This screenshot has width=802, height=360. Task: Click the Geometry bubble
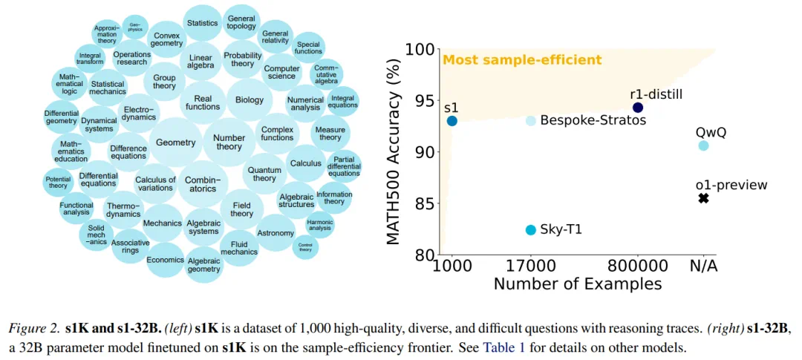pyautogui.click(x=175, y=143)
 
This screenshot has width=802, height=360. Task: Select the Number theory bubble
pyautogui.click(x=229, y=142)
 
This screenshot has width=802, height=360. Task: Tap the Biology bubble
pyautogui.click(x=249, y=100)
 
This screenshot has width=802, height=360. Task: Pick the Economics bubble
pyautogui.click(x=165, y=260)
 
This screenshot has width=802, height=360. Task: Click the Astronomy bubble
pyautogui.click(x=276, y=233)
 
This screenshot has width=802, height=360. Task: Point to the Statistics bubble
pyautogui.click(x=202, y=23)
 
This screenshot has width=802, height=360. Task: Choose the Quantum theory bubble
pyautogui.click(x=264, y=174)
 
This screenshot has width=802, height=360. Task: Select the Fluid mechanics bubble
pyautogui.click(x=239, y=247)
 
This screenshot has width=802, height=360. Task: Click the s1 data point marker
pyautogui.click(x=451, y=120)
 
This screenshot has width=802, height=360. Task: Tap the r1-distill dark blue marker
pyautogui.click(x=637, y=108)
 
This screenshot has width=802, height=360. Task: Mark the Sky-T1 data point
pyautogui.click(x=530, y=230)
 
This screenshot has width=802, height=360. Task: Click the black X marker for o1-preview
pyautogui.click(x=703, y=199)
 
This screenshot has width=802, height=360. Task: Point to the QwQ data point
pyautogui.click(x=703, y=145)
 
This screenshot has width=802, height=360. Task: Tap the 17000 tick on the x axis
pyautogui.click(x=530, y=266)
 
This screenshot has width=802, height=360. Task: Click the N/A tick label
pyautogui.click(x=703, y=266)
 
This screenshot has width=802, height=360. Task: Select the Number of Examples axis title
pyautogui.click(x=577, y=284)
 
